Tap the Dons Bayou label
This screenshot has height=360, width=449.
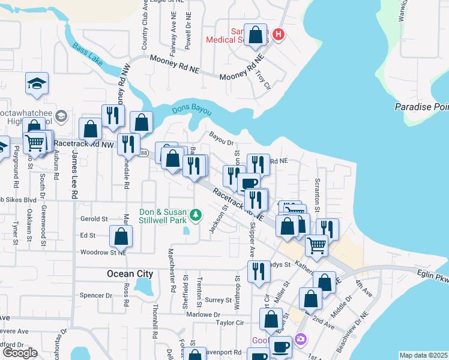(190, 110)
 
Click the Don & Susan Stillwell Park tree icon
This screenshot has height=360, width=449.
(194, 214)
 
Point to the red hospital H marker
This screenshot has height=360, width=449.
(277, 35)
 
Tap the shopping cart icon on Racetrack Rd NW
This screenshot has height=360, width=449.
(34, 143)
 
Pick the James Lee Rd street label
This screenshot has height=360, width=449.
(74, 174)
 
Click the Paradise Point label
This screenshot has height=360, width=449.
(421, 107)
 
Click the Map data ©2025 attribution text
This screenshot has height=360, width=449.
(423, 355)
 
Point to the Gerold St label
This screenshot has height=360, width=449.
(93, 219)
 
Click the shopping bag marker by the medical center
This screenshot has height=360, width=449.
(256, 35)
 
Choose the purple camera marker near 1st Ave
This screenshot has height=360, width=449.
(301, 339)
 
